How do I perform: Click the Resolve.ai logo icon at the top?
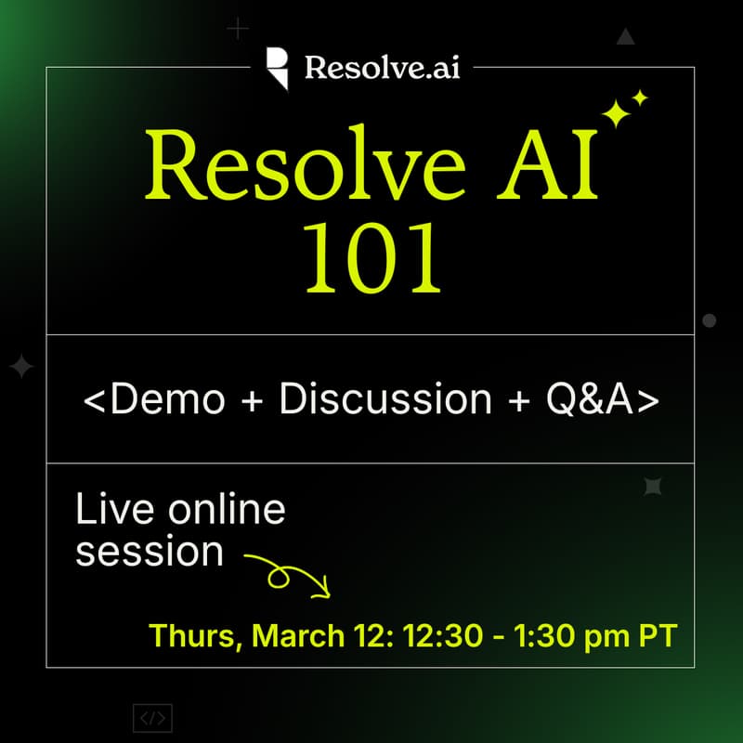click(277, 68)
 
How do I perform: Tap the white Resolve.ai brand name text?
click(382, 68)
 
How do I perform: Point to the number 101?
click(371, 263)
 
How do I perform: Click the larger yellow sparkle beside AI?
click(616, 112)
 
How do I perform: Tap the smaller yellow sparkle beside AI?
click(639, 98)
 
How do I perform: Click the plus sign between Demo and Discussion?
click(253, 399)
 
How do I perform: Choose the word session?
click(150, 552)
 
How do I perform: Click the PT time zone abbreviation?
click(658, 636)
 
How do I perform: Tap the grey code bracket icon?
click(152, 718)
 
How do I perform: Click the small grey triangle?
click(625, 37)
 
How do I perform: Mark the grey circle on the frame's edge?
click(709, 320)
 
